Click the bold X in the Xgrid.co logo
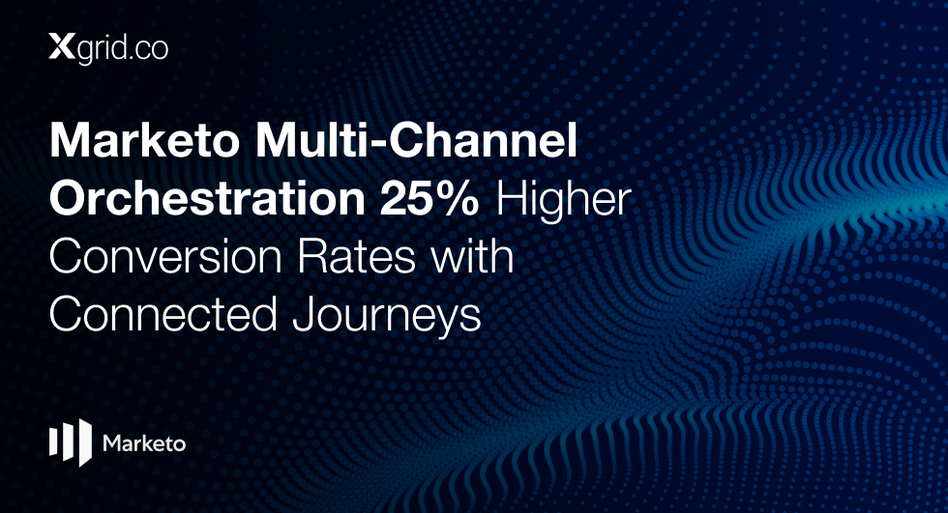tap(62, 46)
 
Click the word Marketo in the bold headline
tap(144, 141)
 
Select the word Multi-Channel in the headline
tap(416, 141)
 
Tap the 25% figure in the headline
tap(430, 199)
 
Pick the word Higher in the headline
tap(563, 201)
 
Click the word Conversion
tap(165, 257)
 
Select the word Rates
tap(355, 257)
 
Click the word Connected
tap(163, 314)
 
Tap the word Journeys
tap(387, 316)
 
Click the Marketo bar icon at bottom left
tap(71, 442)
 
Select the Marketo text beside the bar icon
tap(144, 443)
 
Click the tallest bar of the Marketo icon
tap(86, 442)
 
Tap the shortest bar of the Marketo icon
tap(53, 442)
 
